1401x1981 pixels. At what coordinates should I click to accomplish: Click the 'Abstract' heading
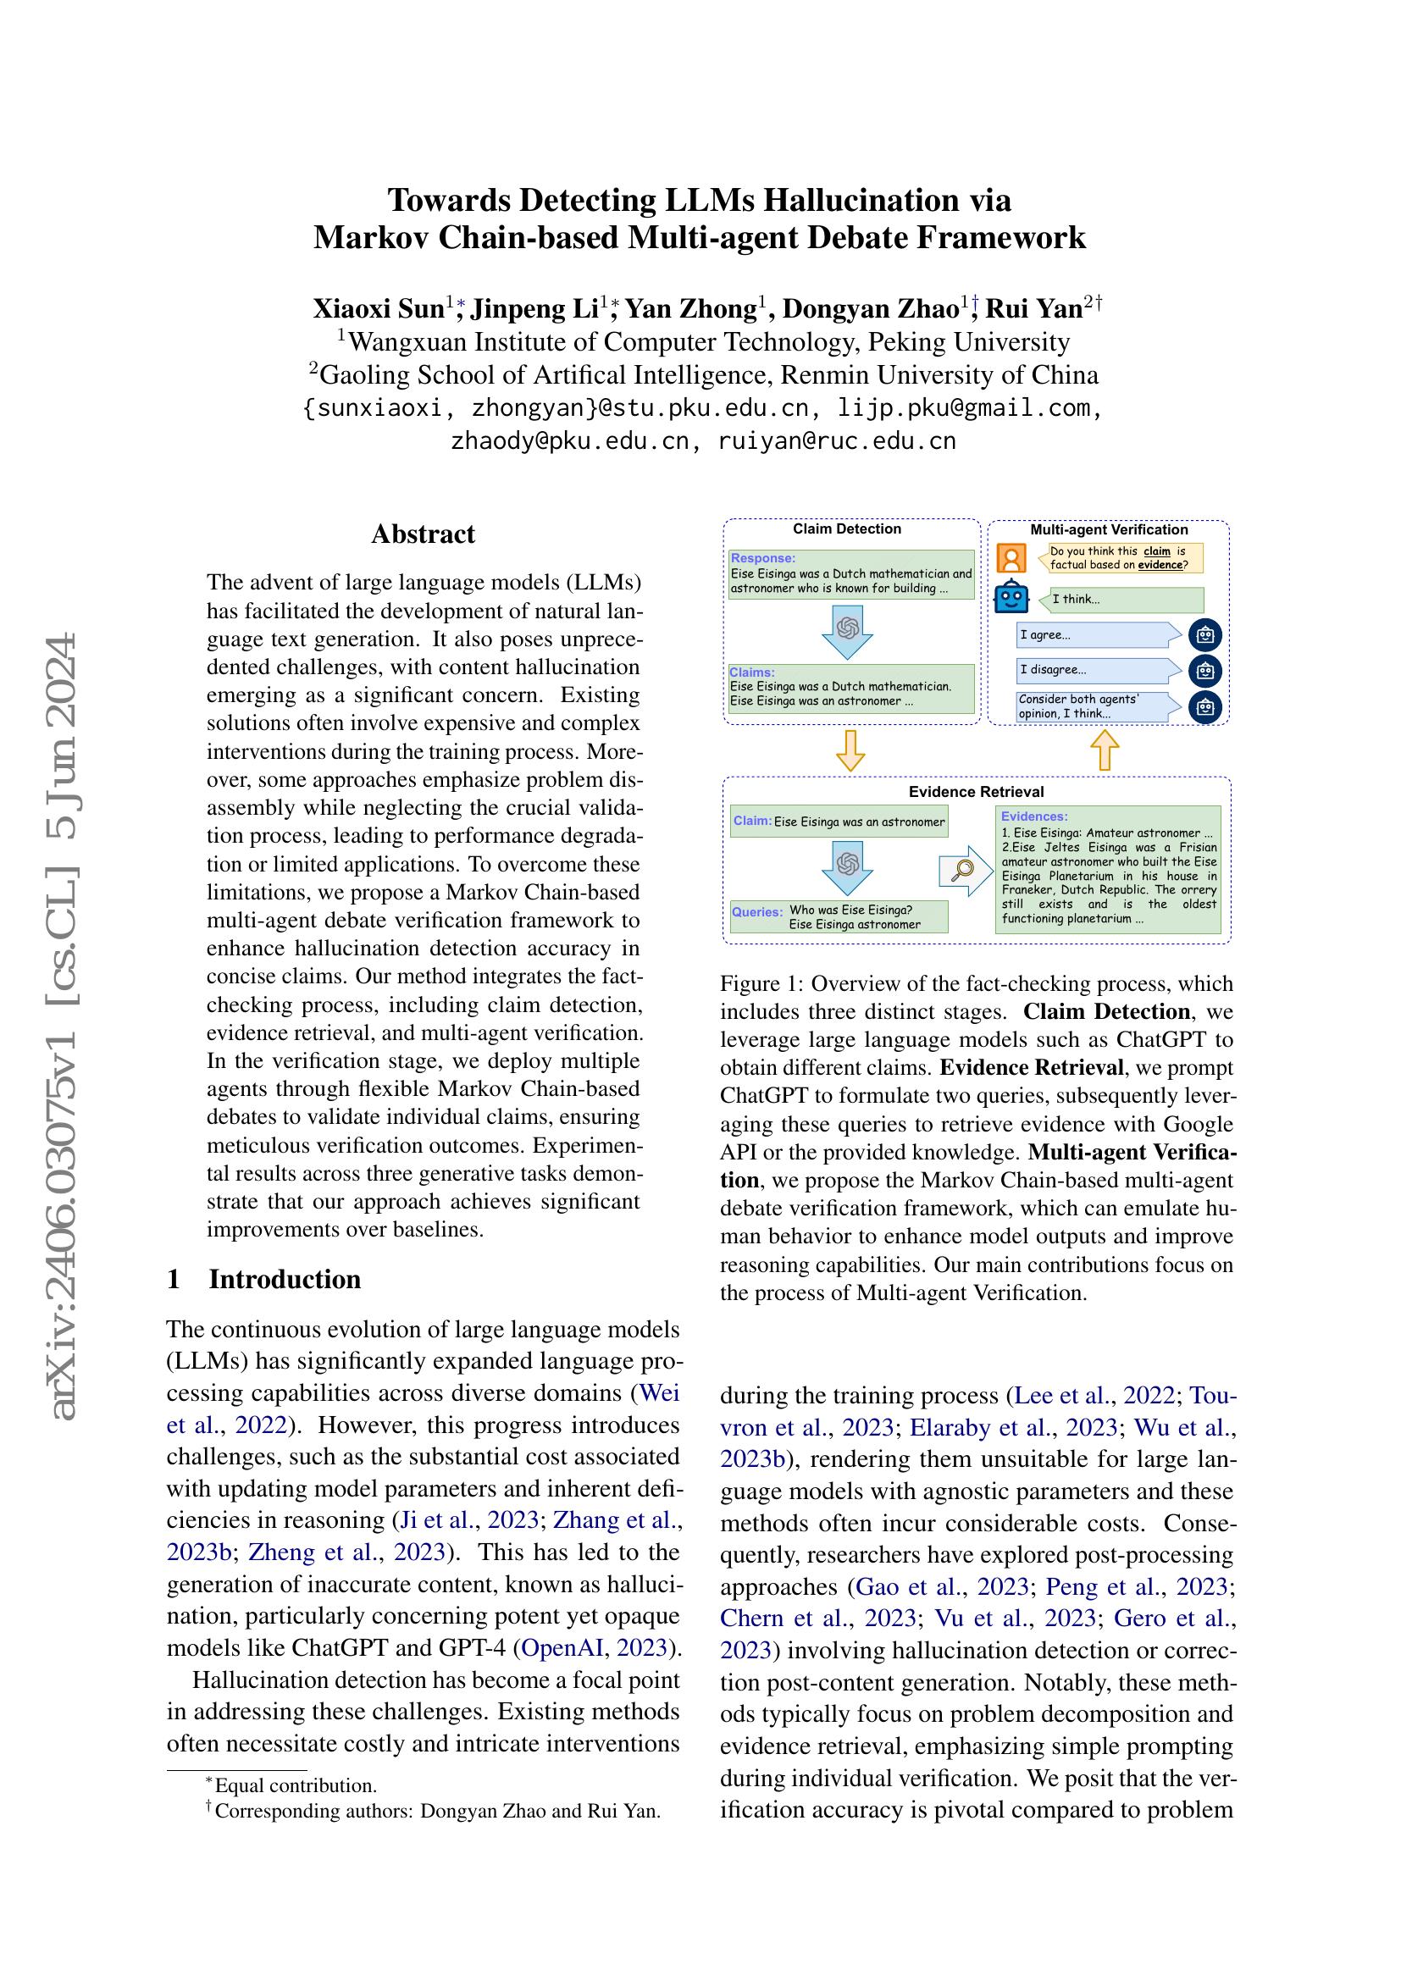tap(423, 534)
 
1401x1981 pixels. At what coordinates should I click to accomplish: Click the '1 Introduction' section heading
tap(264, 1279)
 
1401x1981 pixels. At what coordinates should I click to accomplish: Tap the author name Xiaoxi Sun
tap(378, 308)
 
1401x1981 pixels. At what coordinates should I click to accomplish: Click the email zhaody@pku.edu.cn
tap(568, 442)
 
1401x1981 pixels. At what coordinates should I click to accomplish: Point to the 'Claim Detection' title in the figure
tap(846, 528)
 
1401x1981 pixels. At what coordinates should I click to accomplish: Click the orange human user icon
tap(1011, 558)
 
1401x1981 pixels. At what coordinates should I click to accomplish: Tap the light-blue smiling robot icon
tap(1011, 598)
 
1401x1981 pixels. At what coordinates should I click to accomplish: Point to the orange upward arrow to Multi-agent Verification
tap(1105, 750)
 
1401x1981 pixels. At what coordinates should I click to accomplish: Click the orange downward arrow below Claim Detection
tap(850, 750)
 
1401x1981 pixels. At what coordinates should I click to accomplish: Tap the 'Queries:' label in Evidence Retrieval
tap(756, 912)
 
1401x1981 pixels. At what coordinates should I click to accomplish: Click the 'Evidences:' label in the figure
tap(1033, 816)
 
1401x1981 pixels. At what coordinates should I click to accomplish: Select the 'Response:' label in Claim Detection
tap(762, 558)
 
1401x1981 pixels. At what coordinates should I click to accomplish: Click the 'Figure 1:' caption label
tap(761, 983)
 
